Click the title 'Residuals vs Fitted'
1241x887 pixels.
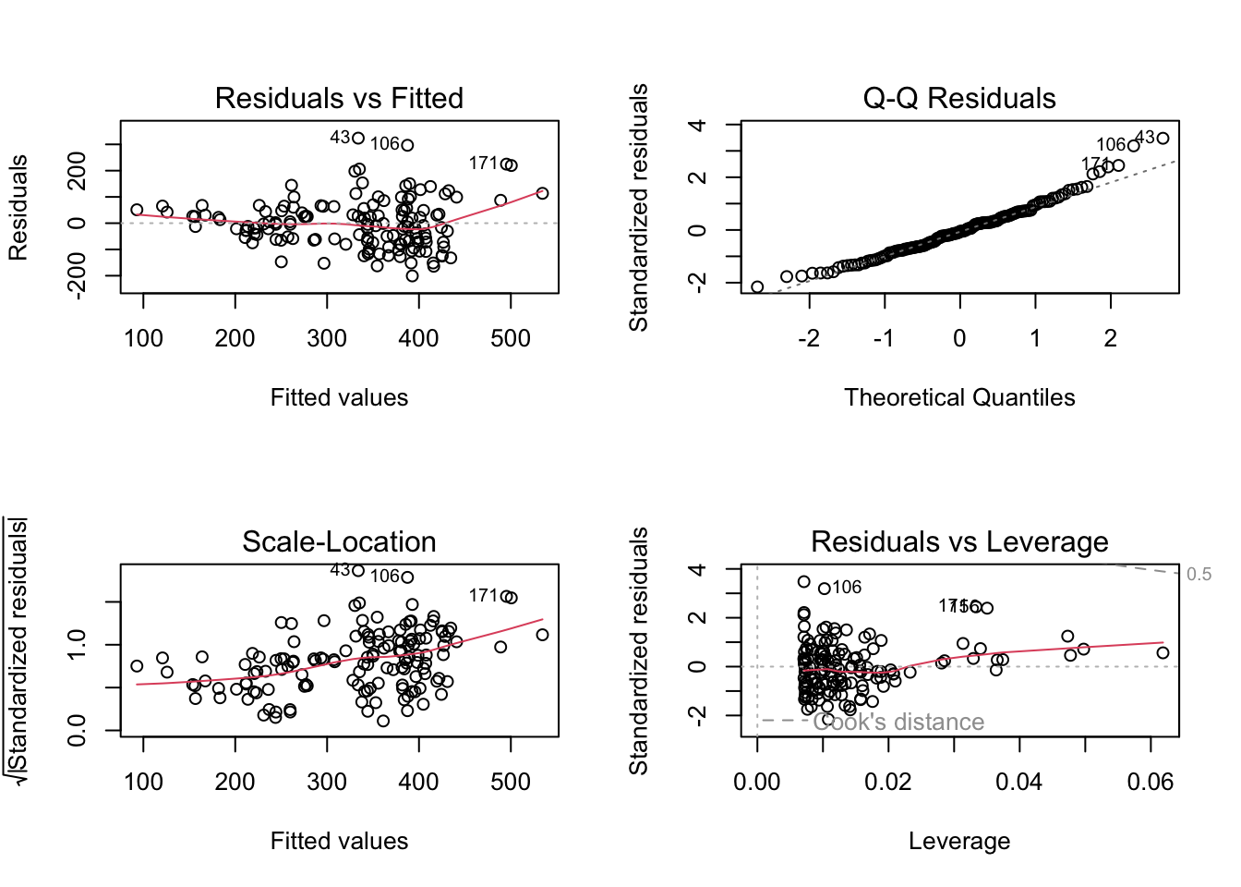[339, 98]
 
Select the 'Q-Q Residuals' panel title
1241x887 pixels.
[959, 98]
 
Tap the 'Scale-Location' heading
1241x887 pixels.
[339, 541]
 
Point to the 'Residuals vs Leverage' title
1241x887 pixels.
[959, 541]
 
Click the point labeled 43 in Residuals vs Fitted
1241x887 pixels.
[358, 139]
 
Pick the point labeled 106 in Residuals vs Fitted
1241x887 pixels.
[407, 145]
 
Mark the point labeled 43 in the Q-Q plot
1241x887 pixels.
[1163, 139]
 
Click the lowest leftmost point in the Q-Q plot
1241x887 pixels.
[757, 287]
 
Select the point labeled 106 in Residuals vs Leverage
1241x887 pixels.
[824, 589]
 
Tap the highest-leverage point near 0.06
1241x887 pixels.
[1163, 653]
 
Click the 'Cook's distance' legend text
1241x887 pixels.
[898, 722]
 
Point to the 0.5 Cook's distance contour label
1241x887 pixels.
[1199, 575]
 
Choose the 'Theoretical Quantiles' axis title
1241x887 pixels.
[959, 397]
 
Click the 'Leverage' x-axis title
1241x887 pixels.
[959, 841]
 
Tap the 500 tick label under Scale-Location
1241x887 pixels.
[511, 782]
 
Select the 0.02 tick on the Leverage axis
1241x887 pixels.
[888, 782]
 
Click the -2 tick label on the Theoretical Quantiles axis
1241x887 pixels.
[809, 338]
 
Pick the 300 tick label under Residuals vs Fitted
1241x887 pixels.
[327, 338]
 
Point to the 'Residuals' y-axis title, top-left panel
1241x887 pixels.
[18, 207]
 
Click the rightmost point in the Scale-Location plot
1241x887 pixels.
[542, 635]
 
